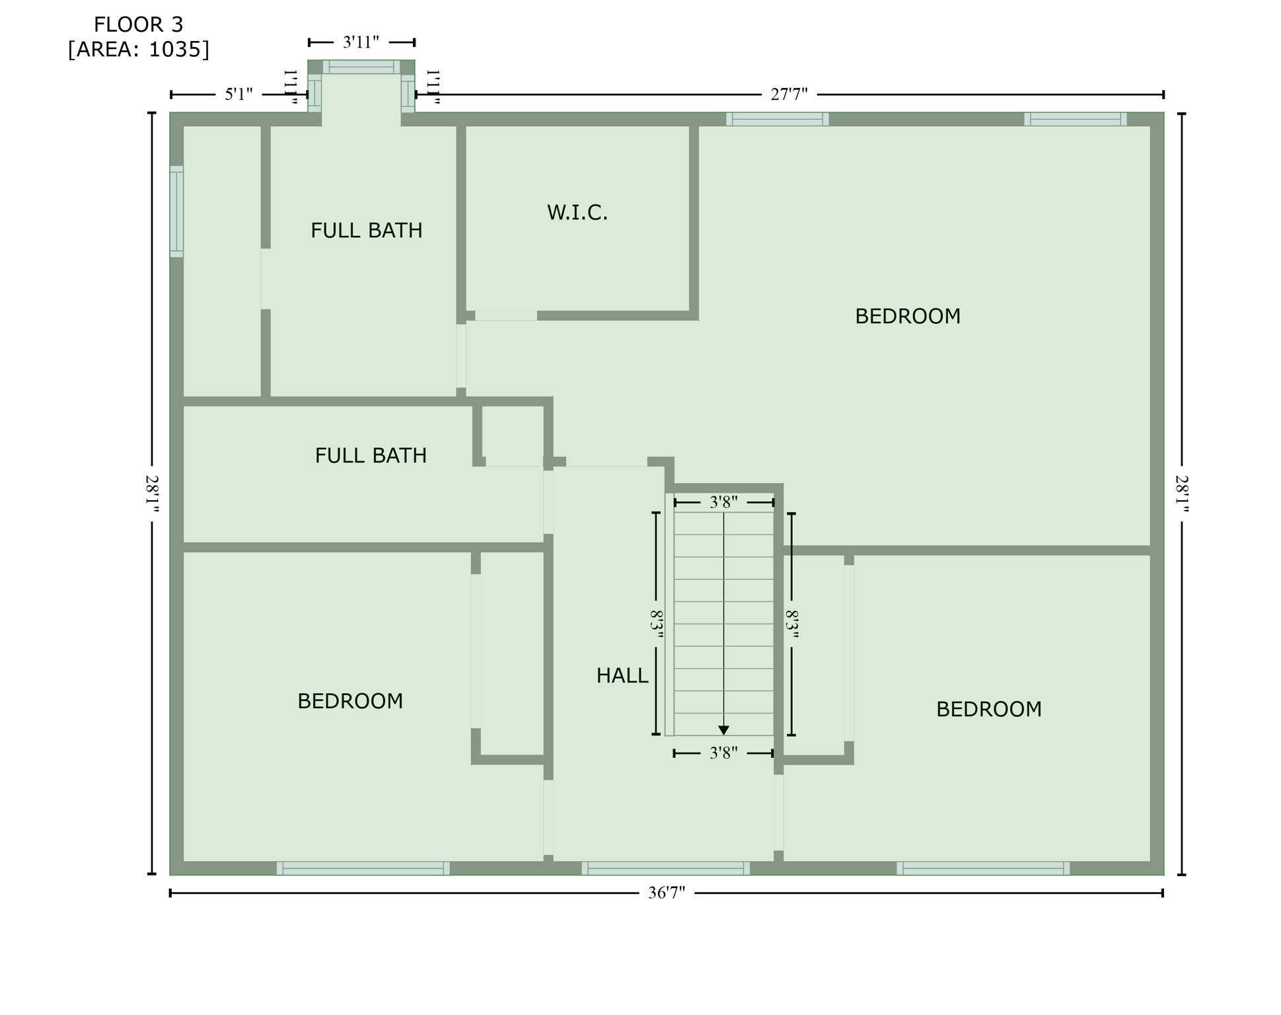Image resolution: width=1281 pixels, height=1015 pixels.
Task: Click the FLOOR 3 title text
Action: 138,24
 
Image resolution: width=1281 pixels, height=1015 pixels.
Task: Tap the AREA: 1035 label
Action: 138,50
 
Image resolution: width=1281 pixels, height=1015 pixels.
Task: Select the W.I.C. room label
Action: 577,213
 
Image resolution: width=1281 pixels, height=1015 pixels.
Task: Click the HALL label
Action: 622,675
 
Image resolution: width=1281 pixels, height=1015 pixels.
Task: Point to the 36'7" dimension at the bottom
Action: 666,893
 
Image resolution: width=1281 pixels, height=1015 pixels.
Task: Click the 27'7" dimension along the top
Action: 789,94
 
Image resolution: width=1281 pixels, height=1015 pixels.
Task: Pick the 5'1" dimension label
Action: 238,94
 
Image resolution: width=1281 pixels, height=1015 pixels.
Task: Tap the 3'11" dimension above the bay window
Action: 361,42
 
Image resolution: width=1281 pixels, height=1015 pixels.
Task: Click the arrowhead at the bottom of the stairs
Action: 723,730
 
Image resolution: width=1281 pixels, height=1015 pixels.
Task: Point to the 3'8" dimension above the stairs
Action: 723,502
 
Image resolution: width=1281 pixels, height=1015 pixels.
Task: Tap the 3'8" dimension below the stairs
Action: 723,753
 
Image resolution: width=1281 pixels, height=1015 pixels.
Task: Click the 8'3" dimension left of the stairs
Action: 656,624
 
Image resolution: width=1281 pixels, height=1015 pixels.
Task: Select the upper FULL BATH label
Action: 366,231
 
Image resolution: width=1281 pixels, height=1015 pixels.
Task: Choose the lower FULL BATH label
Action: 370,456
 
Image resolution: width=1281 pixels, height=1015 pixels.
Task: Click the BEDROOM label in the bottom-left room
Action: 349,701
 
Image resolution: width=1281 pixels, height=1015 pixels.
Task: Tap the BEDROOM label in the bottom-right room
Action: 988,710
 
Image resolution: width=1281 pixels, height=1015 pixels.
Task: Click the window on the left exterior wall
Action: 176,211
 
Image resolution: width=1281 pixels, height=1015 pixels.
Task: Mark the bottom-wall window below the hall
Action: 665,868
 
